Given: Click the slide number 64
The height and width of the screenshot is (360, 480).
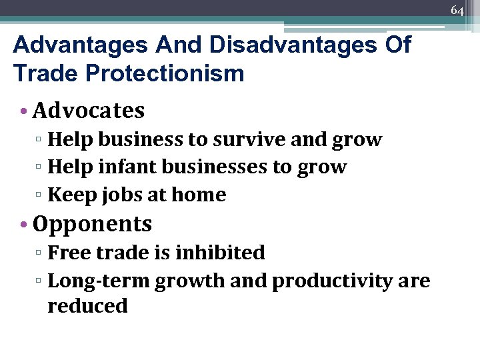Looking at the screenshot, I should (x=457, y=10).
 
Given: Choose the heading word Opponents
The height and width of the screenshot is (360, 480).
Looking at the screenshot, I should (x=92, y=224).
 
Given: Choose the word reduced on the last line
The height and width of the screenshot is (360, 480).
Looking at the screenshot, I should (x=87, y=306).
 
